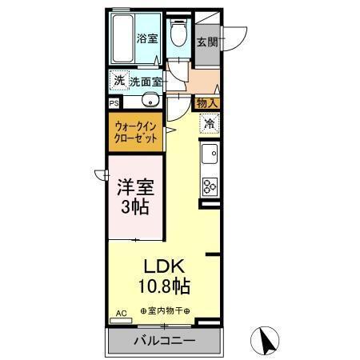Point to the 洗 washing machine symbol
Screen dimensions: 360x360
click(118, 80)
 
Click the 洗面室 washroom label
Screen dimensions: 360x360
click(146, 81)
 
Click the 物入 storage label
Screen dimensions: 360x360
click(207, 102)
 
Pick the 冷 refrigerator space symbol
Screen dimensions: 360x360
click(209, 124)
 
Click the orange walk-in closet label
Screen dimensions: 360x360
click(136, 130)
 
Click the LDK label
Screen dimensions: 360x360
click(166, 266)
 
